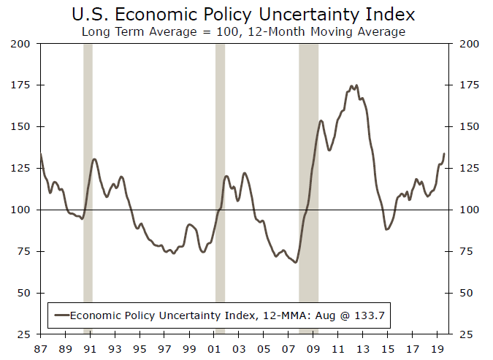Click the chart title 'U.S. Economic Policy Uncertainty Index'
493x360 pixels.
click(x=243, y=14)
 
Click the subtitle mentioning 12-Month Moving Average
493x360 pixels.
click(x=243, y=31)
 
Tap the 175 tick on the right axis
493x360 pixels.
click(x=467, y=85)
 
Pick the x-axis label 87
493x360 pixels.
click(x=40, y=349)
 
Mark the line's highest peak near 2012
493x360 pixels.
click(x=352, y=85)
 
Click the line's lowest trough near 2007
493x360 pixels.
click(x=296, y=262)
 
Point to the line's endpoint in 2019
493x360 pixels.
click(x=444, y=153)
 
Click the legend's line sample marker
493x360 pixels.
click(x=61, y=315)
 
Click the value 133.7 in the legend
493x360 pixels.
click(x=370, y=315)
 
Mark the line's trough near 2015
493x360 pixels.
click(x=387, y=229)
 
